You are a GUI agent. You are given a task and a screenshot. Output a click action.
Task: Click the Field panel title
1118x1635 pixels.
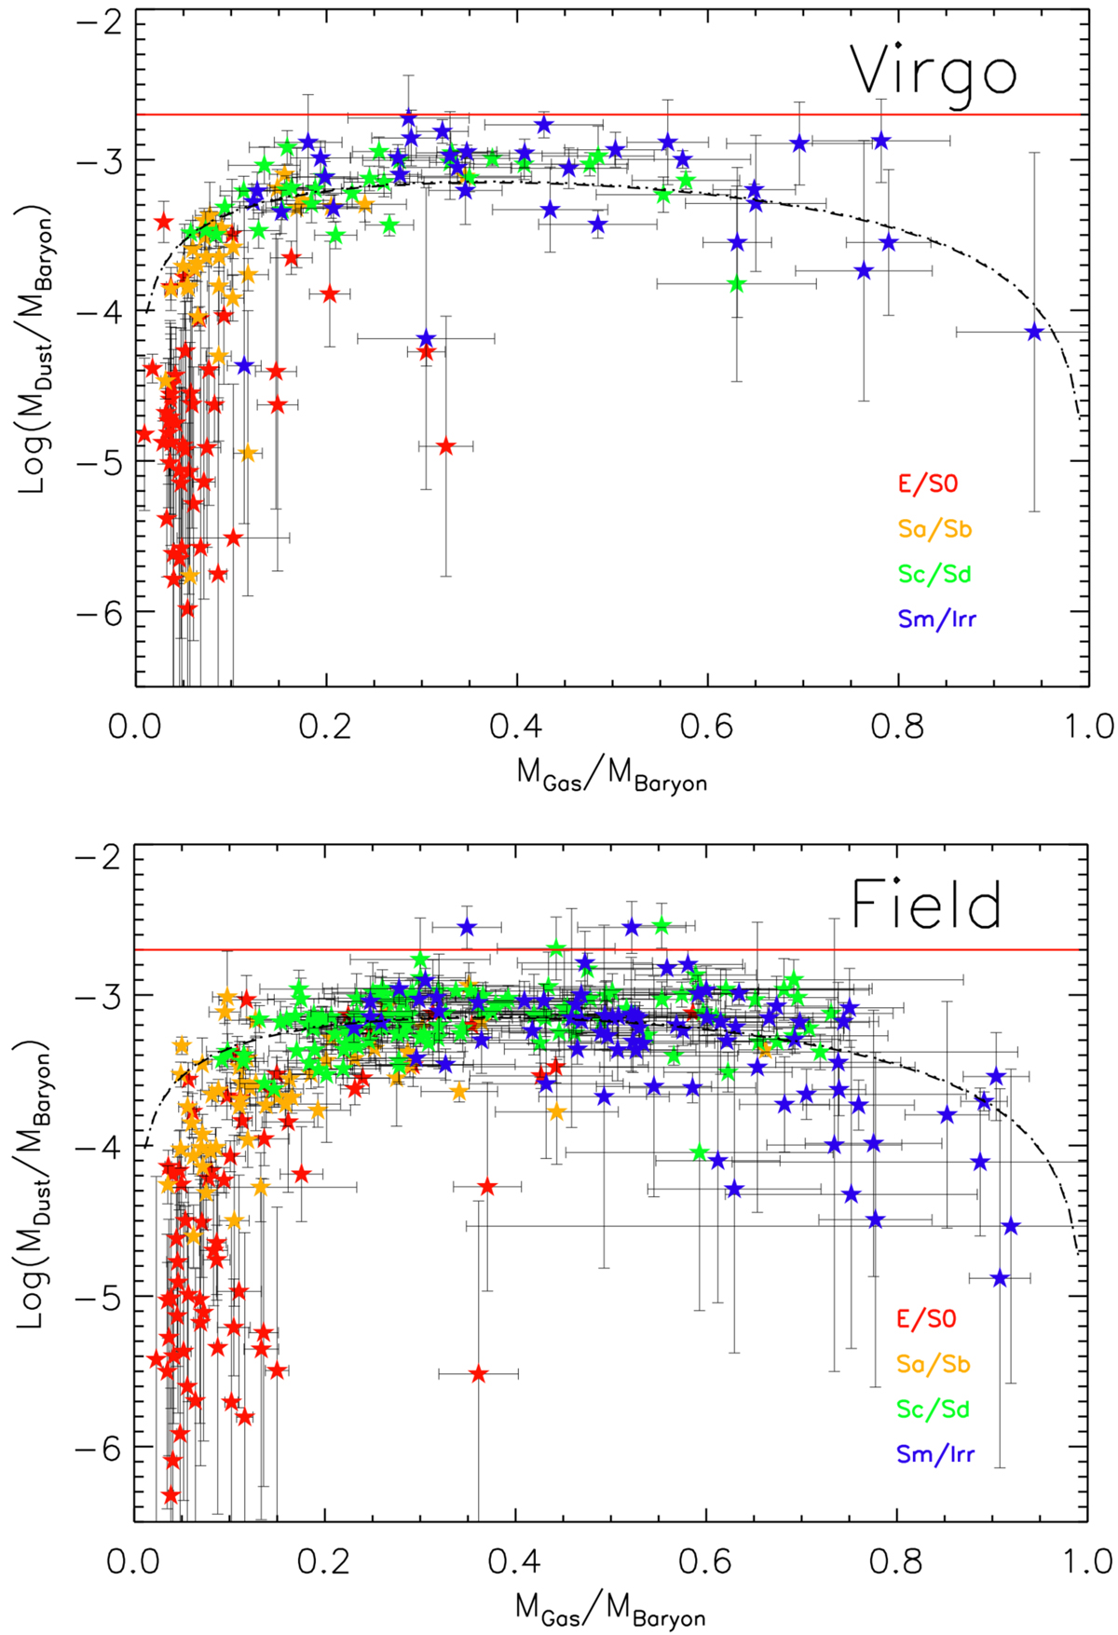[x=927, y=906]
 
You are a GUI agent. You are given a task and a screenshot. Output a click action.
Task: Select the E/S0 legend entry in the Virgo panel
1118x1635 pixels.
[x=927, y=484]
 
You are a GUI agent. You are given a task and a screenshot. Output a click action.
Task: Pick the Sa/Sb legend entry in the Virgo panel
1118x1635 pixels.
[x=934, y=529]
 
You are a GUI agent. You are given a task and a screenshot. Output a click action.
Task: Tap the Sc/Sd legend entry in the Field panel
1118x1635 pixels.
[x=934, y=1410]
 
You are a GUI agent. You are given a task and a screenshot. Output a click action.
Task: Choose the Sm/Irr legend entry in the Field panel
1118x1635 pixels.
[x=936, y=1454]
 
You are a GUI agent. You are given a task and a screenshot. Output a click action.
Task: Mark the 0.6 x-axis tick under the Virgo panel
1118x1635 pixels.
[x=707, y=726]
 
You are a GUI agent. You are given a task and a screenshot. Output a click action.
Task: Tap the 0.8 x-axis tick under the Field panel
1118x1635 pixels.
[x=896, y=1560]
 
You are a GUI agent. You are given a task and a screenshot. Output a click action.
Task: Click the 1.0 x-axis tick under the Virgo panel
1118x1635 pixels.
[x=1086, y=726]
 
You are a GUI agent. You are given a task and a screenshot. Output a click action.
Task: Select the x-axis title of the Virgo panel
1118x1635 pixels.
[x=612, y=776]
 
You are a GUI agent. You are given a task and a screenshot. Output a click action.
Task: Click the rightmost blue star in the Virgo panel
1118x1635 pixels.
[x=1033, y=332]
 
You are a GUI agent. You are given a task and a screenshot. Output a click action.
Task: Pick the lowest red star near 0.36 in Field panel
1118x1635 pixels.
[x=479, y=1374]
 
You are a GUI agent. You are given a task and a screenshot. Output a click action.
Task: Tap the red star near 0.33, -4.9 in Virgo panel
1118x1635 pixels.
[x=446, y=445]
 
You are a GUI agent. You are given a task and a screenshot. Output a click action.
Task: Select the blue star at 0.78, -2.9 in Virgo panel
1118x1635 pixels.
[x=880, y=141]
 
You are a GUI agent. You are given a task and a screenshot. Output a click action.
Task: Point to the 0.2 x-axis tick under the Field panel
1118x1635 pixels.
[x=325, y=1560]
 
